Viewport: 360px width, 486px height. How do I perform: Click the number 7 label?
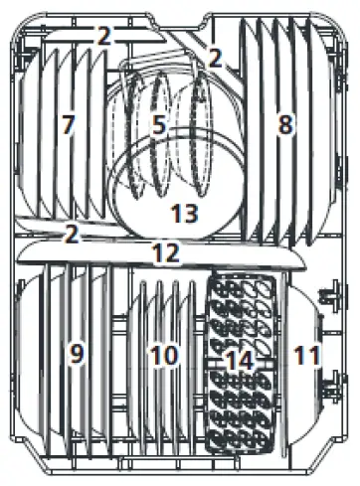[67, 126]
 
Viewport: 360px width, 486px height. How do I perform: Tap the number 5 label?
[158, 125]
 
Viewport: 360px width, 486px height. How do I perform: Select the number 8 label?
[285, 125]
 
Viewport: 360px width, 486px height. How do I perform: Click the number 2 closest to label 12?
[71, 235]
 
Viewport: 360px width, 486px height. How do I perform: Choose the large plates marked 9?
[50, 378]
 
